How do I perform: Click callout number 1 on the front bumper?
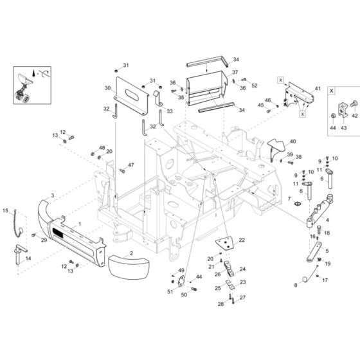click(80, 224)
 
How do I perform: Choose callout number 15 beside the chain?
click(6, 211)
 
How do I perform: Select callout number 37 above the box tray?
click(235, 72)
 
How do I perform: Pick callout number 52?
click(254, 85)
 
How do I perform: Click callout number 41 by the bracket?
click(317, 88)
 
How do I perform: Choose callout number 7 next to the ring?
click(289, 199)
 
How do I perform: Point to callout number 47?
click(131, 165)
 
